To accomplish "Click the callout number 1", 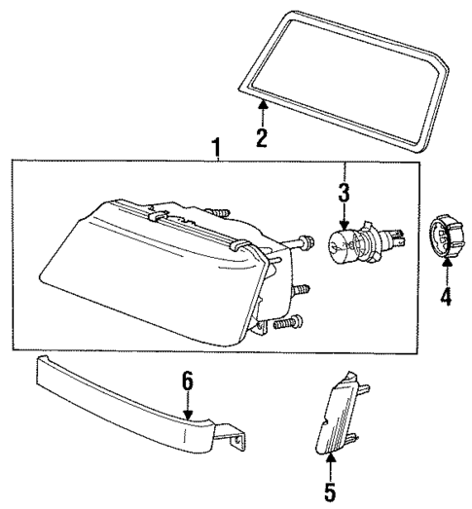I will click(x=216, y=149).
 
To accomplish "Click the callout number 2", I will click(x=260, y=137).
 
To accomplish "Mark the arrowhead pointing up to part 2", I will click(x=260, y=104).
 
